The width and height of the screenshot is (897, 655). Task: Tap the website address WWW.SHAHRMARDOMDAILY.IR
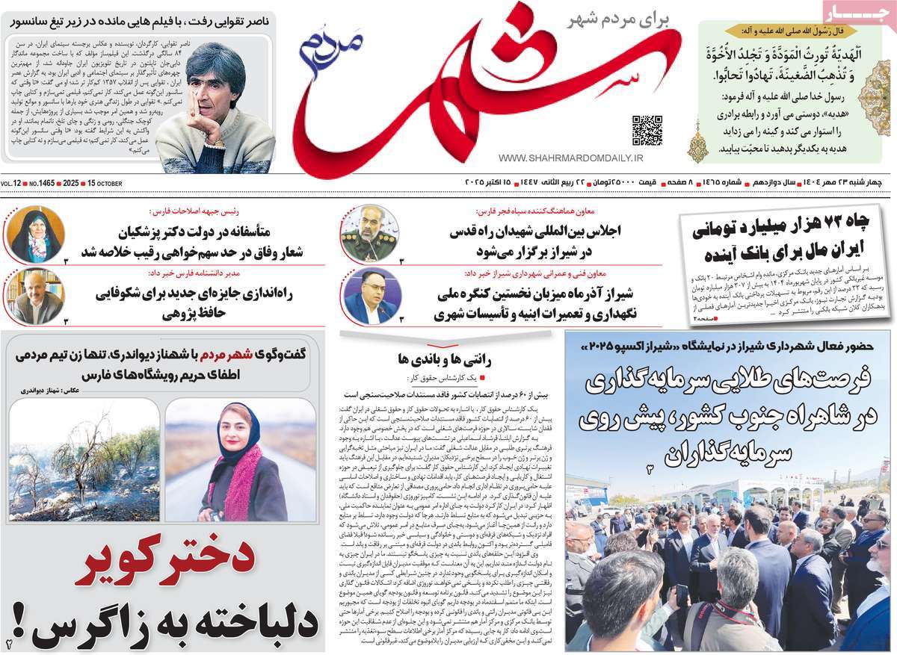click(570, 158)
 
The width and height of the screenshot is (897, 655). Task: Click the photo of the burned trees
click(84, 460)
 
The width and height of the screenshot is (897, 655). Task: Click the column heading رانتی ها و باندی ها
click(449, 358)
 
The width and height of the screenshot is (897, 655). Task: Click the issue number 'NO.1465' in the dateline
click(44, 184)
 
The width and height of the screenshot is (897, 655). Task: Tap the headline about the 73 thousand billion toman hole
click(786, 237)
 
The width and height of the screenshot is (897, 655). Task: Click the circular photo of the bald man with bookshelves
click(34, 297)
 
